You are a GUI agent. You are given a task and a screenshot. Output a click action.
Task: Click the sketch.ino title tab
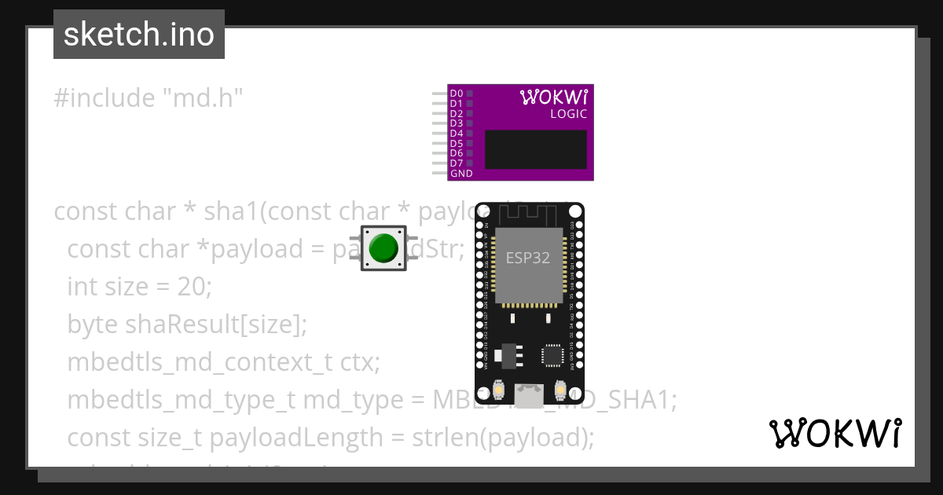(x=139, y=35)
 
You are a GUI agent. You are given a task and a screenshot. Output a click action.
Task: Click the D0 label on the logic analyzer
(x=456, y=93)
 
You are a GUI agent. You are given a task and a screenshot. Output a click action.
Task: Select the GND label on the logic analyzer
(x=461, y=174)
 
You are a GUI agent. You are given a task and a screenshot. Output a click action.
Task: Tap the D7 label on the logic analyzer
(x=456, y=163)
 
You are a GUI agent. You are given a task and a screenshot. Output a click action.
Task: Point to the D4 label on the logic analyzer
(x=456, y=134)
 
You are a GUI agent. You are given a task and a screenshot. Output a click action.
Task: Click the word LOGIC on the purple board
(x=567, y=114)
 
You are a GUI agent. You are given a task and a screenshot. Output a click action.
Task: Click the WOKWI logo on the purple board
(x=553, y=97)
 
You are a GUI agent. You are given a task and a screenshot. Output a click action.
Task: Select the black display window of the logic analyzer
(x=535, y=149)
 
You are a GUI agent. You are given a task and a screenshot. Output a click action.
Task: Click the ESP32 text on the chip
(x=527, y=258)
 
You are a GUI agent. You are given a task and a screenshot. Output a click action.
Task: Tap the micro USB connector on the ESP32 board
(x=529, y=397)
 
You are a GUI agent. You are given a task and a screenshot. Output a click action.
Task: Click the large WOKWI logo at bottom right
(x=835, y=433)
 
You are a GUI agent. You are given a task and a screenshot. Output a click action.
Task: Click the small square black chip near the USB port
(x=553, y=354)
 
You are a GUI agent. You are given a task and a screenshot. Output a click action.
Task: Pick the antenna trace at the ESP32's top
(x=528, y=212)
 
